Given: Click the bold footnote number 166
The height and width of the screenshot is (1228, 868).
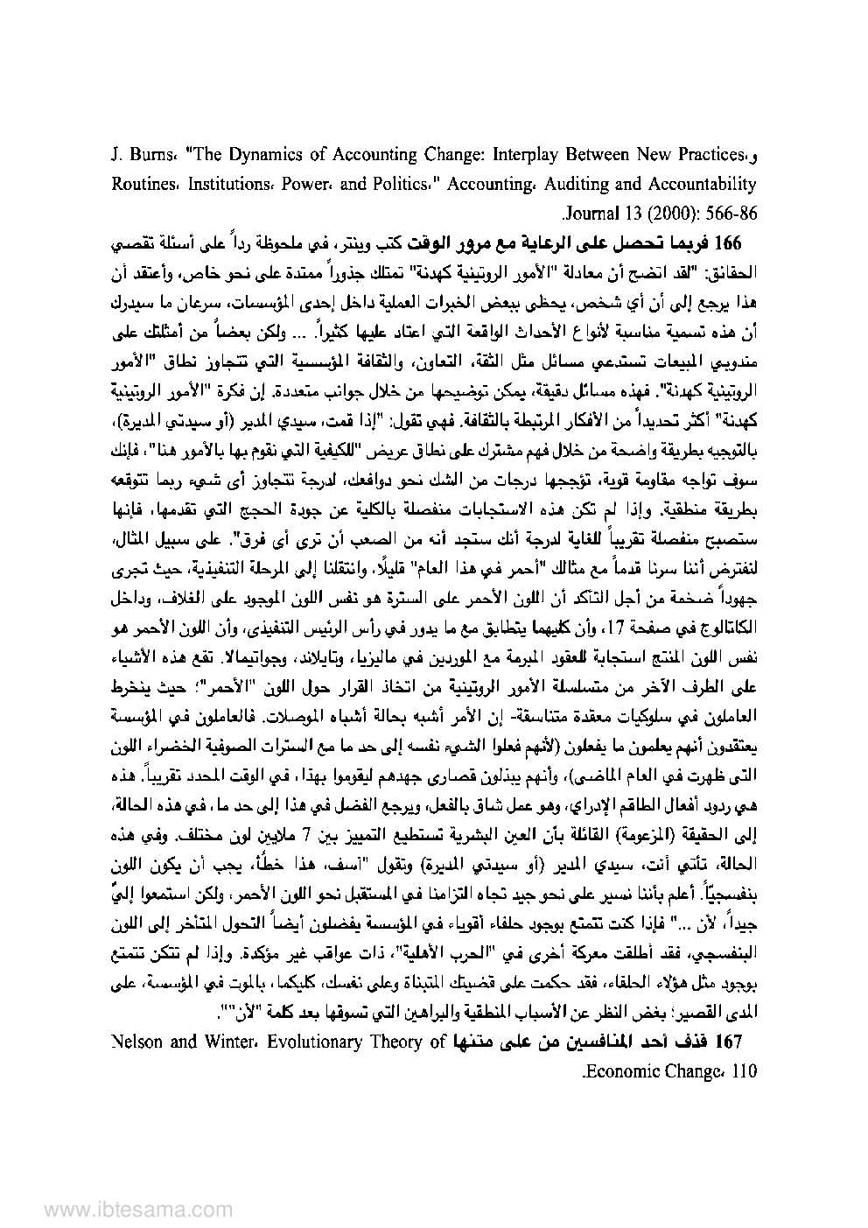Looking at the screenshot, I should [x=731, y=241].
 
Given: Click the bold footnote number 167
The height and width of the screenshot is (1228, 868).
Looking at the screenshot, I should [x=731, y=1042].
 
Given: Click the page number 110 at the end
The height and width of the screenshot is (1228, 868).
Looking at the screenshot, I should [x=740, y=1070].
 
